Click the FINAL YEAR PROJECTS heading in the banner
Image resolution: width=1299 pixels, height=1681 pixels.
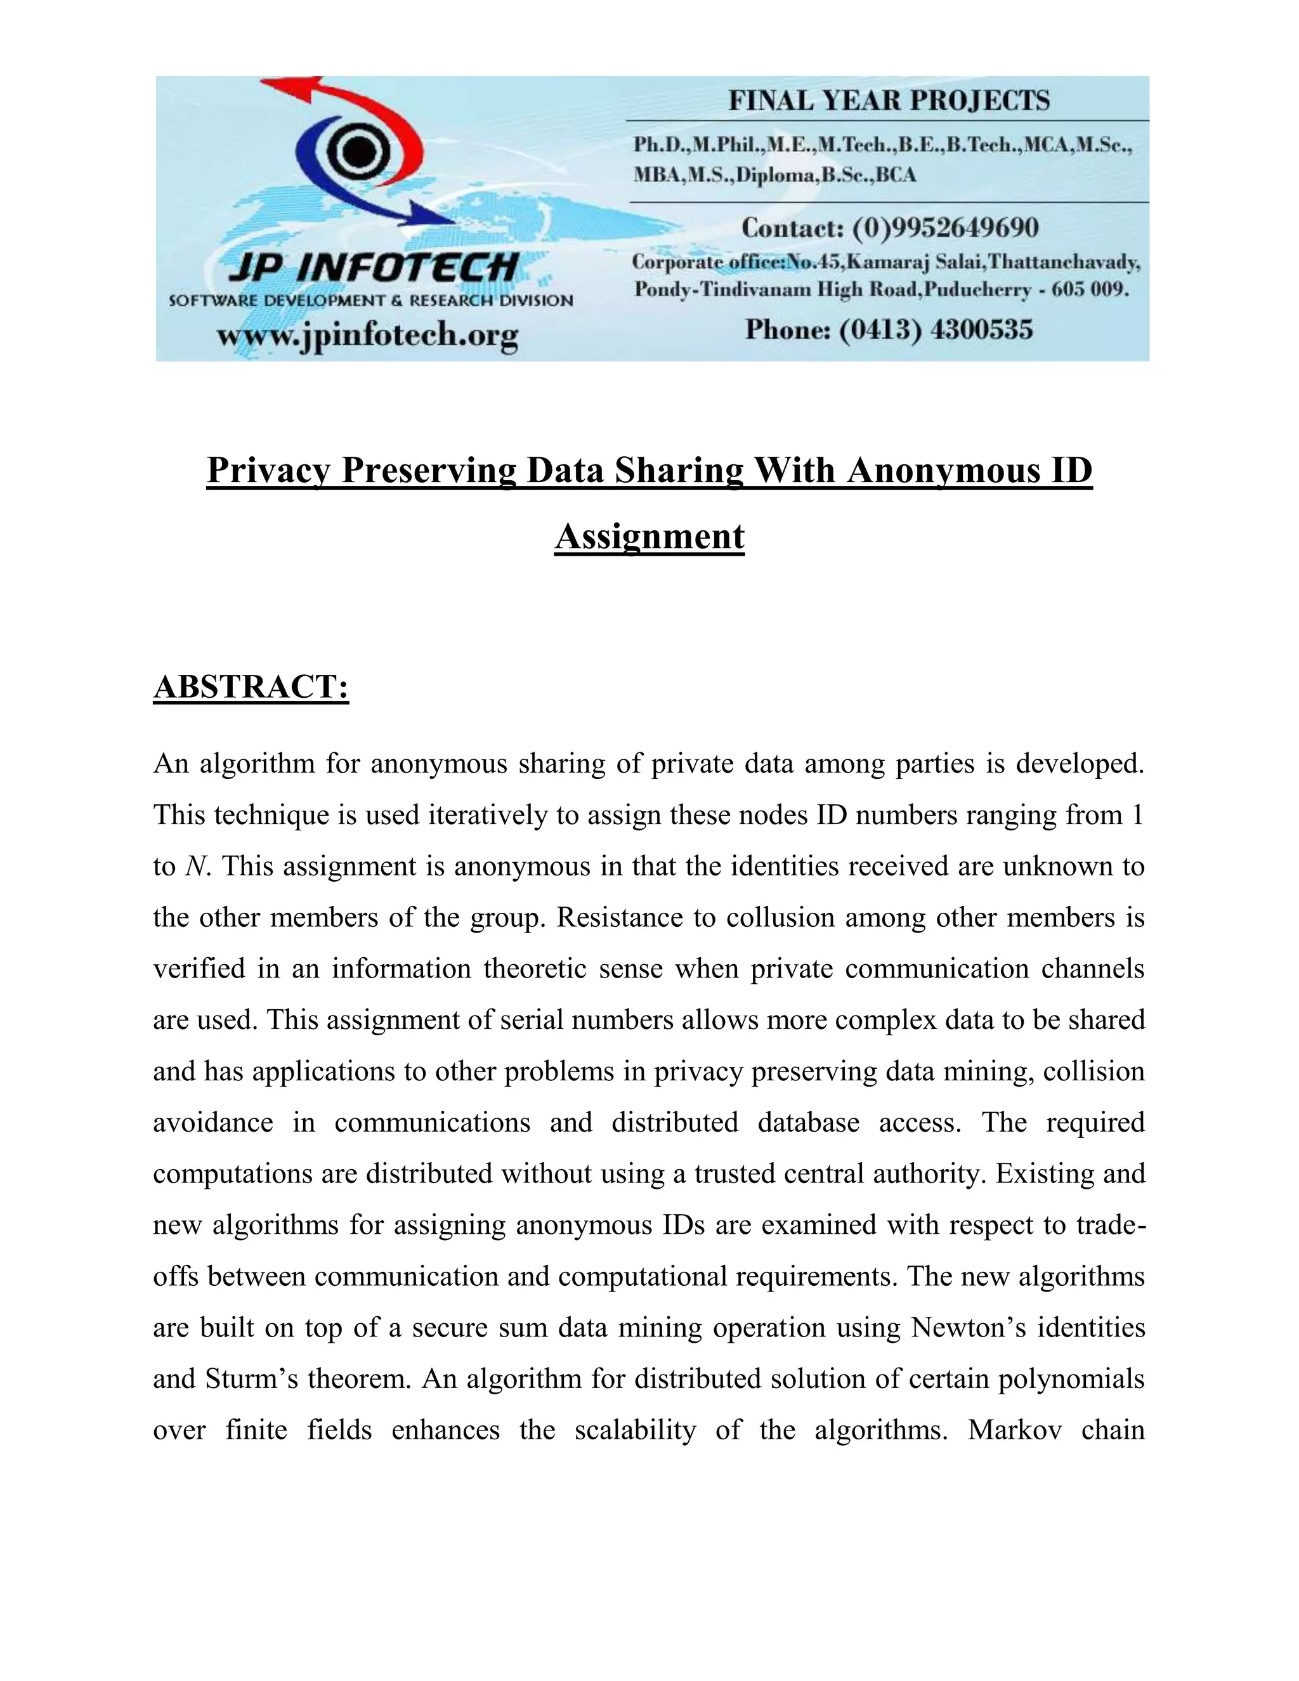click(x=889, y=101)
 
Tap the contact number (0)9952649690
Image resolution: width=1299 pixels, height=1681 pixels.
click(x=945, y=228)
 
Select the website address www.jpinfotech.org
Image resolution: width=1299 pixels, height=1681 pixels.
click(x=367, y=335)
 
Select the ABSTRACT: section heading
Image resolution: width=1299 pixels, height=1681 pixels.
click(x=251, y=686)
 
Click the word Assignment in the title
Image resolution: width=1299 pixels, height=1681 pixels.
click(x=649, y=537)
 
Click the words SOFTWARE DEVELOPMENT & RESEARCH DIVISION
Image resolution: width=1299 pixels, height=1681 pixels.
click(x=371, y=301)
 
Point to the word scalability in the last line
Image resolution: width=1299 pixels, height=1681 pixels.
click(x=635, y=1429)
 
